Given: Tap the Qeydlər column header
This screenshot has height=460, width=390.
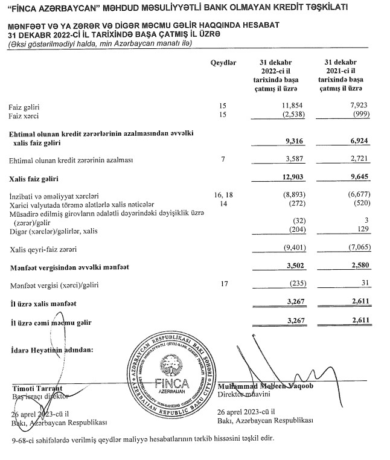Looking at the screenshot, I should click(x=223, y=63).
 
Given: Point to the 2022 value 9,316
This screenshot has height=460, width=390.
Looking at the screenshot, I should click(x=291, y=141).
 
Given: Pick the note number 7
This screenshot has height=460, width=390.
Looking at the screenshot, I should click(x=223, y=160).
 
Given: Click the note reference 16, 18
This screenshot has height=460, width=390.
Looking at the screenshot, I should click(x=223, y=196).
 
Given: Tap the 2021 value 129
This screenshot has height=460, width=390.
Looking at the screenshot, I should click(x=365, y=231).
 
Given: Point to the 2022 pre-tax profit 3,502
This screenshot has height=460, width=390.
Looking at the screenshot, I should click(x=291, y=266).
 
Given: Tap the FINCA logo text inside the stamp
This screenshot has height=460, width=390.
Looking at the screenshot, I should click(x=172, y=383).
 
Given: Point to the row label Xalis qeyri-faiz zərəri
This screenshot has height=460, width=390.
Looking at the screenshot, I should click(x=45, y=248).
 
